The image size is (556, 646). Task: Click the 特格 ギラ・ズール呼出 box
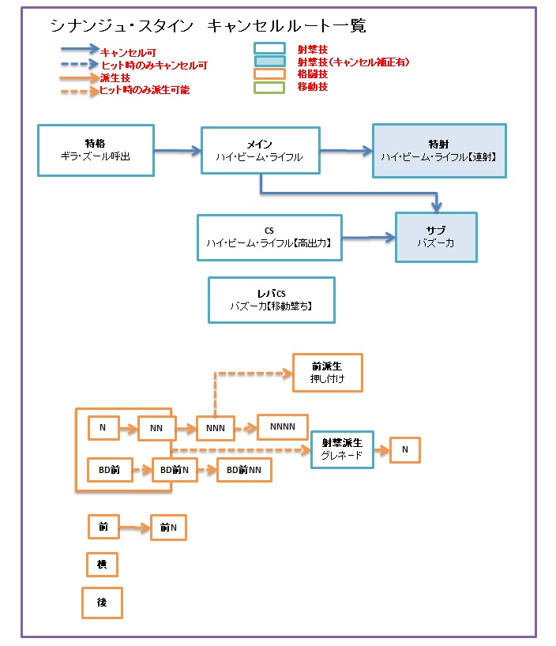pos(96,150)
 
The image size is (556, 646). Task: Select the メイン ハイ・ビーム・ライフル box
pos(260,151)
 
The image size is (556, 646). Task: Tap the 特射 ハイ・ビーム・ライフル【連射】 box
pos(438,150)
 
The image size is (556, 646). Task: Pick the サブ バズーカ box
pos(435,237)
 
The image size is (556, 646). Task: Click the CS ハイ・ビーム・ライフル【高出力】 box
pos(269,238)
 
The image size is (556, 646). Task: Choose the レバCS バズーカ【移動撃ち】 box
pos(271,299)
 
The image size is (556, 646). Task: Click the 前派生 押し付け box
pos(327,373)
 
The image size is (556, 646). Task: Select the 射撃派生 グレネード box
pos(342,449)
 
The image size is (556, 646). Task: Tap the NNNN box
pos(282,427)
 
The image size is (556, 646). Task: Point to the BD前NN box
pos(244,470)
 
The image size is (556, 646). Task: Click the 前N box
pos(168,528)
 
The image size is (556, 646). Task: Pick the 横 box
pos(102,565)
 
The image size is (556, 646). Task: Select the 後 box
pos(102,603)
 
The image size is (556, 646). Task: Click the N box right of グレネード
pos(405,449)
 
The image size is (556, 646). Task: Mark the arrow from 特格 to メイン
pos(178,150)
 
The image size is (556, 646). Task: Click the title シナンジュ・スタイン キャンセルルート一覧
pos(208,26)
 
